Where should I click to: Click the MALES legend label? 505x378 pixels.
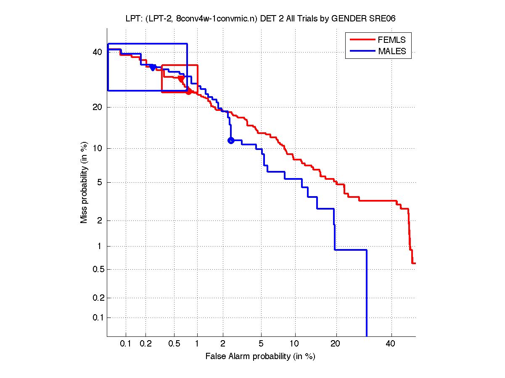click(392, 51)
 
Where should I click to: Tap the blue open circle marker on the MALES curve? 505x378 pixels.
click(230, 140)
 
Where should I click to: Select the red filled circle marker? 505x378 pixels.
click(189, 92)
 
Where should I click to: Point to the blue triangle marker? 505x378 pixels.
click(153, 68)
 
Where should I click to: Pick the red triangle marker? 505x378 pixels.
click(181, 79)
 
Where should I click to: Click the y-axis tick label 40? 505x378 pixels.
click(98, 52)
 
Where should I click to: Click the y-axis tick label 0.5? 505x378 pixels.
click(95, 269)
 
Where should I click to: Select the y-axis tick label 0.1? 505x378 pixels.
click(95, 318)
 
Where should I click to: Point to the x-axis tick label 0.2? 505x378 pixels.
click(145, 344)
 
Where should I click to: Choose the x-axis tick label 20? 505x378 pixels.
click(335, 344)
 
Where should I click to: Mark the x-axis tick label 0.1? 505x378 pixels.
click(126, 344)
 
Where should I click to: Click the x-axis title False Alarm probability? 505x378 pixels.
click(260, 357)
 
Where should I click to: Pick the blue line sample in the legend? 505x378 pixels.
click(362, 51)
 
